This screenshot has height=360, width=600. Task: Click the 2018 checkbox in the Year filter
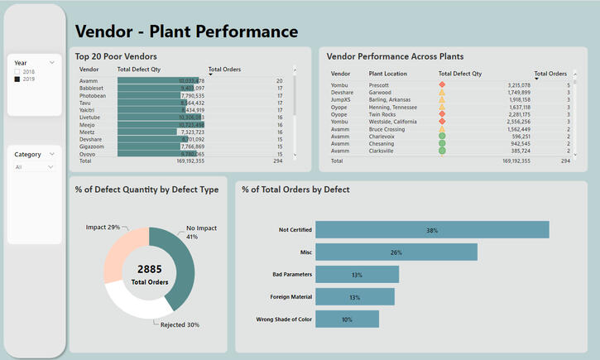click(x=17, y=73)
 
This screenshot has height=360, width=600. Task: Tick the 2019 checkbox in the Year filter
click(x=17, y=79)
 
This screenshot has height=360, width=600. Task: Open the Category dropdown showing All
click(x=37, y=167)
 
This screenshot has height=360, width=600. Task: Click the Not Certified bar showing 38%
click(x=432, y=230)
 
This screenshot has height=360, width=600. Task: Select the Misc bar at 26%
click(x=396, y=252)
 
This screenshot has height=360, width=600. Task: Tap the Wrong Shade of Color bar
click(x=347, y=319)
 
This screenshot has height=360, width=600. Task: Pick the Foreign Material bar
click(x=355, y=297)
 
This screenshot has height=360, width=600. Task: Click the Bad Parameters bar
click(x=357, y=275)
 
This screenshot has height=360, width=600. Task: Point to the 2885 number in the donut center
click(x=150, y=269)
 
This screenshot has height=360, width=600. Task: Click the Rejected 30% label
click(x=180, y=324)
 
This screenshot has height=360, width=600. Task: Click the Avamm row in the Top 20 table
click(x=89, y=81)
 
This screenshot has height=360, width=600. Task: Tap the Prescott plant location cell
click(x=379, y=84)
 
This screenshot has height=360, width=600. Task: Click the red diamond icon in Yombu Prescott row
click(x=442, y=84)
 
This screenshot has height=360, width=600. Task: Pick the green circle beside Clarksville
click(x=442, y=151)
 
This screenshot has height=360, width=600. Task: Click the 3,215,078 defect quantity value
click(x=514, y=84)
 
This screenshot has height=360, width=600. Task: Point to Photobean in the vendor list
click(x=92, y=95)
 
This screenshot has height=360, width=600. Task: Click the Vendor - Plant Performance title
click(x=186, y=32)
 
